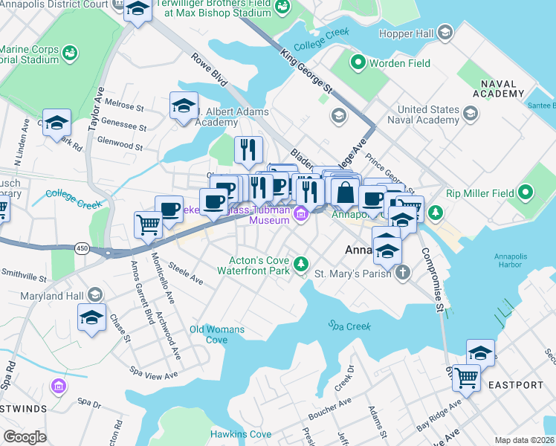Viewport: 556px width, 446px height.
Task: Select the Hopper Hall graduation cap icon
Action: (445, 32)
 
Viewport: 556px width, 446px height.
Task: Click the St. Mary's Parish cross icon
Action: (402, 273)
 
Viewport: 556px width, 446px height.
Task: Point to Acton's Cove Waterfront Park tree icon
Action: (301, 264)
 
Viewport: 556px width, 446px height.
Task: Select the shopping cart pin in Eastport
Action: (466, 377)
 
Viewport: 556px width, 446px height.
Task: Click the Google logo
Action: (25, 436)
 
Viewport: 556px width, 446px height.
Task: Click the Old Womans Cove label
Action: (207, 334)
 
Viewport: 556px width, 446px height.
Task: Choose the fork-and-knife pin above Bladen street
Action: (248, 149)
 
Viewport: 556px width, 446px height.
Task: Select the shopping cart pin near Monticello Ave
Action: (148, 224)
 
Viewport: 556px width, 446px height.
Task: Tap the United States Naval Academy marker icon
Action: (470, 113)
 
